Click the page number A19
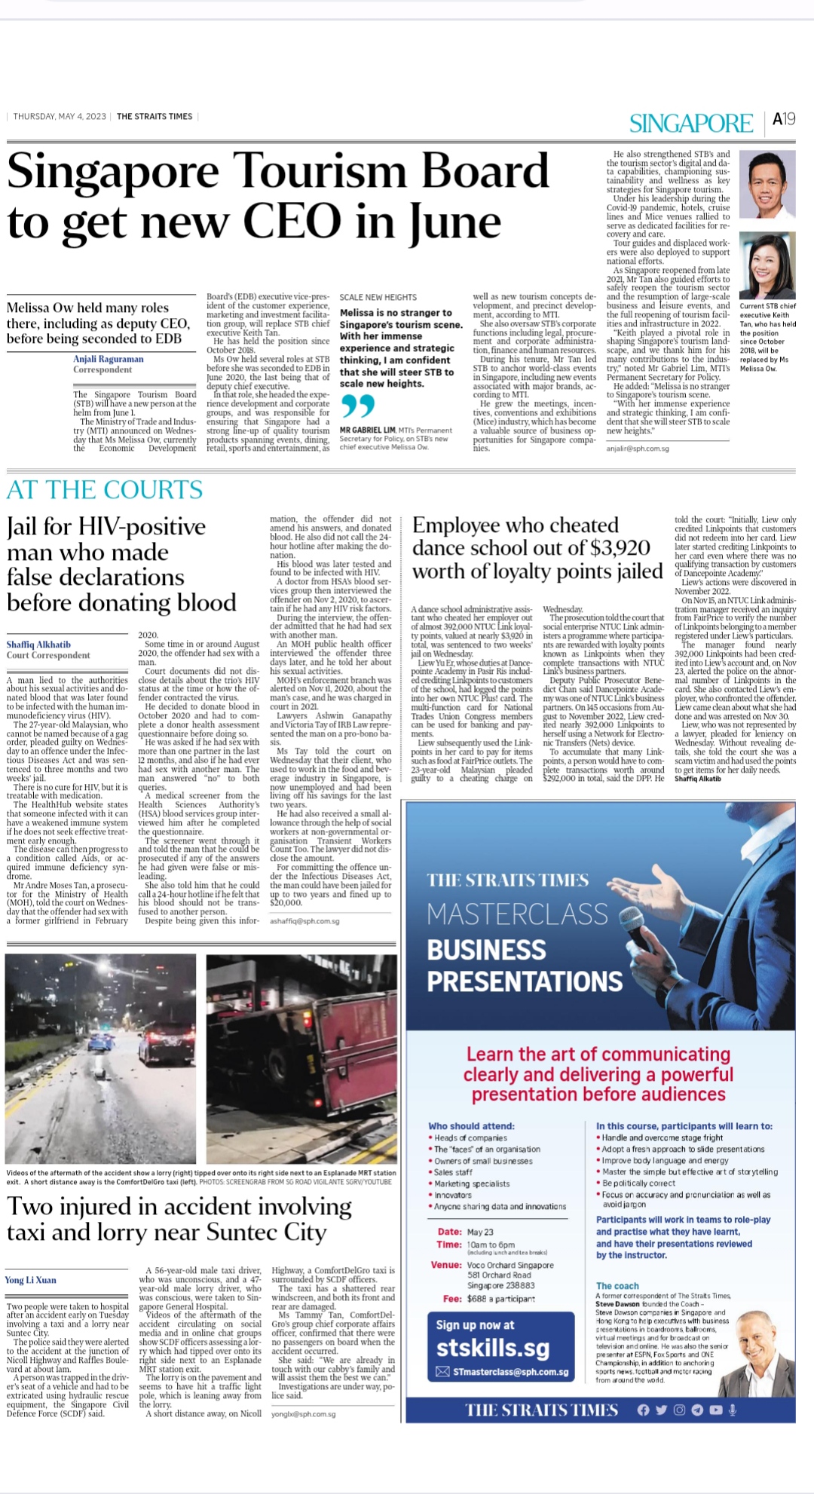784,119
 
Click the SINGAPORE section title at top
690,123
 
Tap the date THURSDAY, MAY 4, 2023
60,117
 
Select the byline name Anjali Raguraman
108,359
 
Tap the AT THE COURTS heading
105,490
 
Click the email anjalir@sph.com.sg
638,449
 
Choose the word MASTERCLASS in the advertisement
517,914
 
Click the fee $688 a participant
500,1299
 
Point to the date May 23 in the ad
480,1232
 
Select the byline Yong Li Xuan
31,1280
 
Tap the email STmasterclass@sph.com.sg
510,1372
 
